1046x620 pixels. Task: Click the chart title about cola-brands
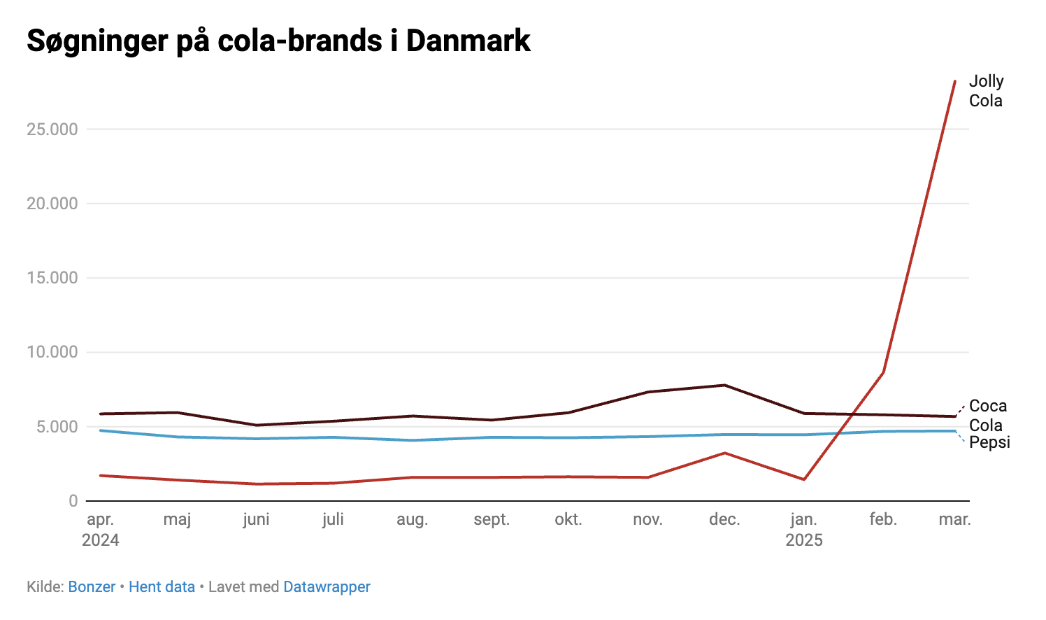tap(278, 41)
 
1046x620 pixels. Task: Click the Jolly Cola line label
tap(986, 91)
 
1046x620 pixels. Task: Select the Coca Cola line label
tap(987, 415)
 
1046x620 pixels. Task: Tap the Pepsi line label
tap(989, 442)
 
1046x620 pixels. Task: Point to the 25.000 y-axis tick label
tap(52, 129)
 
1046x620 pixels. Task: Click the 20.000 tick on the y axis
tap(52, 204)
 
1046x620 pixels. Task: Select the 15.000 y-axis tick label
tap(52, 278)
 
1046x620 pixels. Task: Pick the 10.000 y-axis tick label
tap(52, 352)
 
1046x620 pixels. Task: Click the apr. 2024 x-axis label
tap(101, 529)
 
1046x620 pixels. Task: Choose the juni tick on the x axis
tap(256, 519)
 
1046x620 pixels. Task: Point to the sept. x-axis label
tap(492, 519)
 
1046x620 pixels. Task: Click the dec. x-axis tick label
tap(724, 519)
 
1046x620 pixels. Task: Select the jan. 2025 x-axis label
tap(804, 529)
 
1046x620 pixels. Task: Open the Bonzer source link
tap(92, 587)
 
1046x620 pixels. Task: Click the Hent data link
tap(162, 587)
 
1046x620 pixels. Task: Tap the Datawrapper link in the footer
tap(327, 587)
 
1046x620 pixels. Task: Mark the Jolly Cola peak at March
tap(955, 81)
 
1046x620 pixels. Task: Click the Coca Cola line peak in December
tap(725, 385)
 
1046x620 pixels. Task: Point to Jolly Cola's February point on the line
tap(883, 372)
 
